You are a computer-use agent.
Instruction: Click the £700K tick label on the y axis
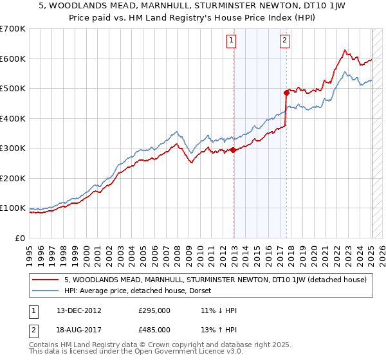pos(13,29)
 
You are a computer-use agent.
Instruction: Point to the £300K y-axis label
pos(13,148)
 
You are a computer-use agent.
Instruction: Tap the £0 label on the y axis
pos(20,238)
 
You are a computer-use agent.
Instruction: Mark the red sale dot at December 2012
pos(234,150)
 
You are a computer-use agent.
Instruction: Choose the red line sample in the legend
pos(45,280)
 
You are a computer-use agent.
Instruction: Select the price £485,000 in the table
pos(154,330)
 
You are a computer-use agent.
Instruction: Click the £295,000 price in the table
pos(154,310)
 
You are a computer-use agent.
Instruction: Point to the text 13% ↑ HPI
pos(219,330)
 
